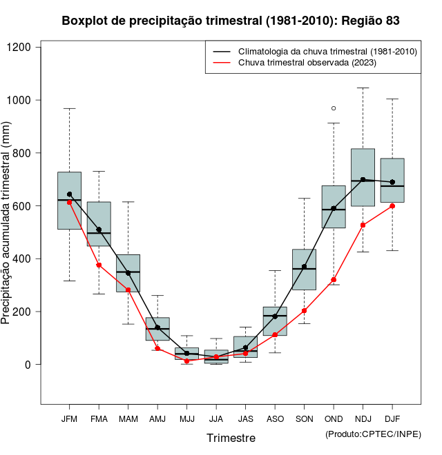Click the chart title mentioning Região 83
230,21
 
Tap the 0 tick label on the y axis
28,365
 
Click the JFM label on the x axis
69,418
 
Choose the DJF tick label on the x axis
392,418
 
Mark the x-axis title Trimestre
231,438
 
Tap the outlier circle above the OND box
334,108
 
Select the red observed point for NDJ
363,225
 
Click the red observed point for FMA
99,265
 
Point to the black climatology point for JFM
69,194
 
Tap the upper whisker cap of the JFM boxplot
69,108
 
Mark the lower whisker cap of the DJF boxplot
392,250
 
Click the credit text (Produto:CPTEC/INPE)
373,434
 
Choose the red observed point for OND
334,280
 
